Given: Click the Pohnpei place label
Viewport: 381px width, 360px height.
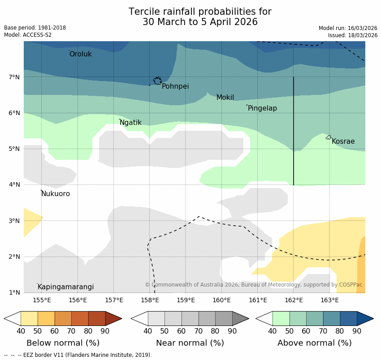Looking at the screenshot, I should pyautogui.click(x=175, y=86).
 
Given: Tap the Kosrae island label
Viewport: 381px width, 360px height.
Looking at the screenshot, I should pyautogui.click(x=343, y=141).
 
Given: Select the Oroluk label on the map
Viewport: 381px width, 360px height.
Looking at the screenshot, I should pyautogui.click(x=80, y=54).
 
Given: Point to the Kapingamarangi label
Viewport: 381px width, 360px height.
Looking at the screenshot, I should pyautogui.click(x=65, y=287).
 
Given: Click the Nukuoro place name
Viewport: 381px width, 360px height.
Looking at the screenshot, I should pyautogui.click(x=56, y=194).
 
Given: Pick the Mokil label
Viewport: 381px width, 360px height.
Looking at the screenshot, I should pyautogui.click(x=225, y=98).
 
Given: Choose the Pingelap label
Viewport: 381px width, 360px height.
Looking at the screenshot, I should pyautogui.click(x=262, y=108).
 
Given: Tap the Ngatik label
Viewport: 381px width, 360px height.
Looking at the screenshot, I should pyautogui.click(x=130, y=123).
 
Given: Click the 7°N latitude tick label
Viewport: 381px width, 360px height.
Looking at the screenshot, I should pyautogui.click(x=14, y=77).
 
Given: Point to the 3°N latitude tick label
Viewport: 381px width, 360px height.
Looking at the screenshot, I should pyautogui.click(x=14, y=221).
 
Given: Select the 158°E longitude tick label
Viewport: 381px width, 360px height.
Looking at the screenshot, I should pyautogui.click(x=150, y=300).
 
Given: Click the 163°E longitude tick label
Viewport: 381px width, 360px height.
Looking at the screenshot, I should pyautogui.click(x=329, y=300).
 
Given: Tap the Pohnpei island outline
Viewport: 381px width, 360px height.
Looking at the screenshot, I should pyautogui.click(x=157, y=81).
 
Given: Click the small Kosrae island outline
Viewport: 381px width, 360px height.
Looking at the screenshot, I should pyautogui.click(x=329, y=137).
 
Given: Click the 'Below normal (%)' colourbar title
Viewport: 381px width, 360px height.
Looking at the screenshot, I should pyautogui.click(x=63, y=343).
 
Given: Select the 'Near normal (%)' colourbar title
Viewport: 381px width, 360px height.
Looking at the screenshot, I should pyautogui.click(x=190, y=343).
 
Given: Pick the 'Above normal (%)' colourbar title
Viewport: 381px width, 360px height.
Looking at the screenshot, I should pyautogui.click(x=314, y=343).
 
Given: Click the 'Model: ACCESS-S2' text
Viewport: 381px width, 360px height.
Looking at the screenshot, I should pyautogui.click(x=28, y=35).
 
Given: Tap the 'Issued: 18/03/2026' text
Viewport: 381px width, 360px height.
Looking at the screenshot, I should pyautogui.click(x=352, y=35).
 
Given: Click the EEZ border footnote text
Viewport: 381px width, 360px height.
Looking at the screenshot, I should pyautogui.click(x=78, y=355).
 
